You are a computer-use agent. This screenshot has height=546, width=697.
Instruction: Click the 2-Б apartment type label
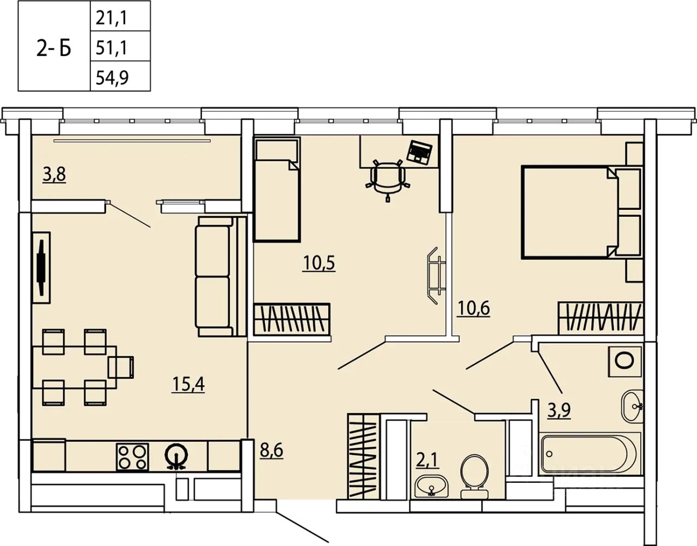tap(53, 49)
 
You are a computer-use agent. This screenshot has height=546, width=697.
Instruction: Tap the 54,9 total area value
tap(112, 77)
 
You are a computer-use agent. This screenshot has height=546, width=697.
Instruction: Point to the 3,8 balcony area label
tap(54, 175)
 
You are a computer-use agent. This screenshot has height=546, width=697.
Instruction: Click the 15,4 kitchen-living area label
tap(188, 384)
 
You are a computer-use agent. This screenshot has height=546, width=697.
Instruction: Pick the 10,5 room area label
tap(319, 264)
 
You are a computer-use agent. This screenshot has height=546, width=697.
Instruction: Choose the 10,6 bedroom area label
tap(474, 308)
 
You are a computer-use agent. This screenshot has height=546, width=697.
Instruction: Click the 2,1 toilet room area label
tap(427, 460)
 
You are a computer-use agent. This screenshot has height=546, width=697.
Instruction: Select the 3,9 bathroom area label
tap(559, 410)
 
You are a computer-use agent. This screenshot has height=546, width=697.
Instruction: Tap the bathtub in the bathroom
tap(590, 454)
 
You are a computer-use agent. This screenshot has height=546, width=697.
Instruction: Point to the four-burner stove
tap(132, 457)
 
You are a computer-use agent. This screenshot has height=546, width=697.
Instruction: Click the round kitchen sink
tap(176, 457)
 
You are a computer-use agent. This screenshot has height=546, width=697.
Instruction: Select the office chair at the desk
tap(388, 180)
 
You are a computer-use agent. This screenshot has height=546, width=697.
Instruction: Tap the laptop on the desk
tap(419, 153)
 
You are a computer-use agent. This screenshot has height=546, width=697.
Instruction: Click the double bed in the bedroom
tap(581, 212)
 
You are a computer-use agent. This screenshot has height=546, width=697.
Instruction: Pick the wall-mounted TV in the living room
tap(41, 268)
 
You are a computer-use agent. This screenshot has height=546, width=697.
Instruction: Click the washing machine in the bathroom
tap(625, 361)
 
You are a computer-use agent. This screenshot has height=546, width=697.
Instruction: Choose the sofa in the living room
tap(221, 276)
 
